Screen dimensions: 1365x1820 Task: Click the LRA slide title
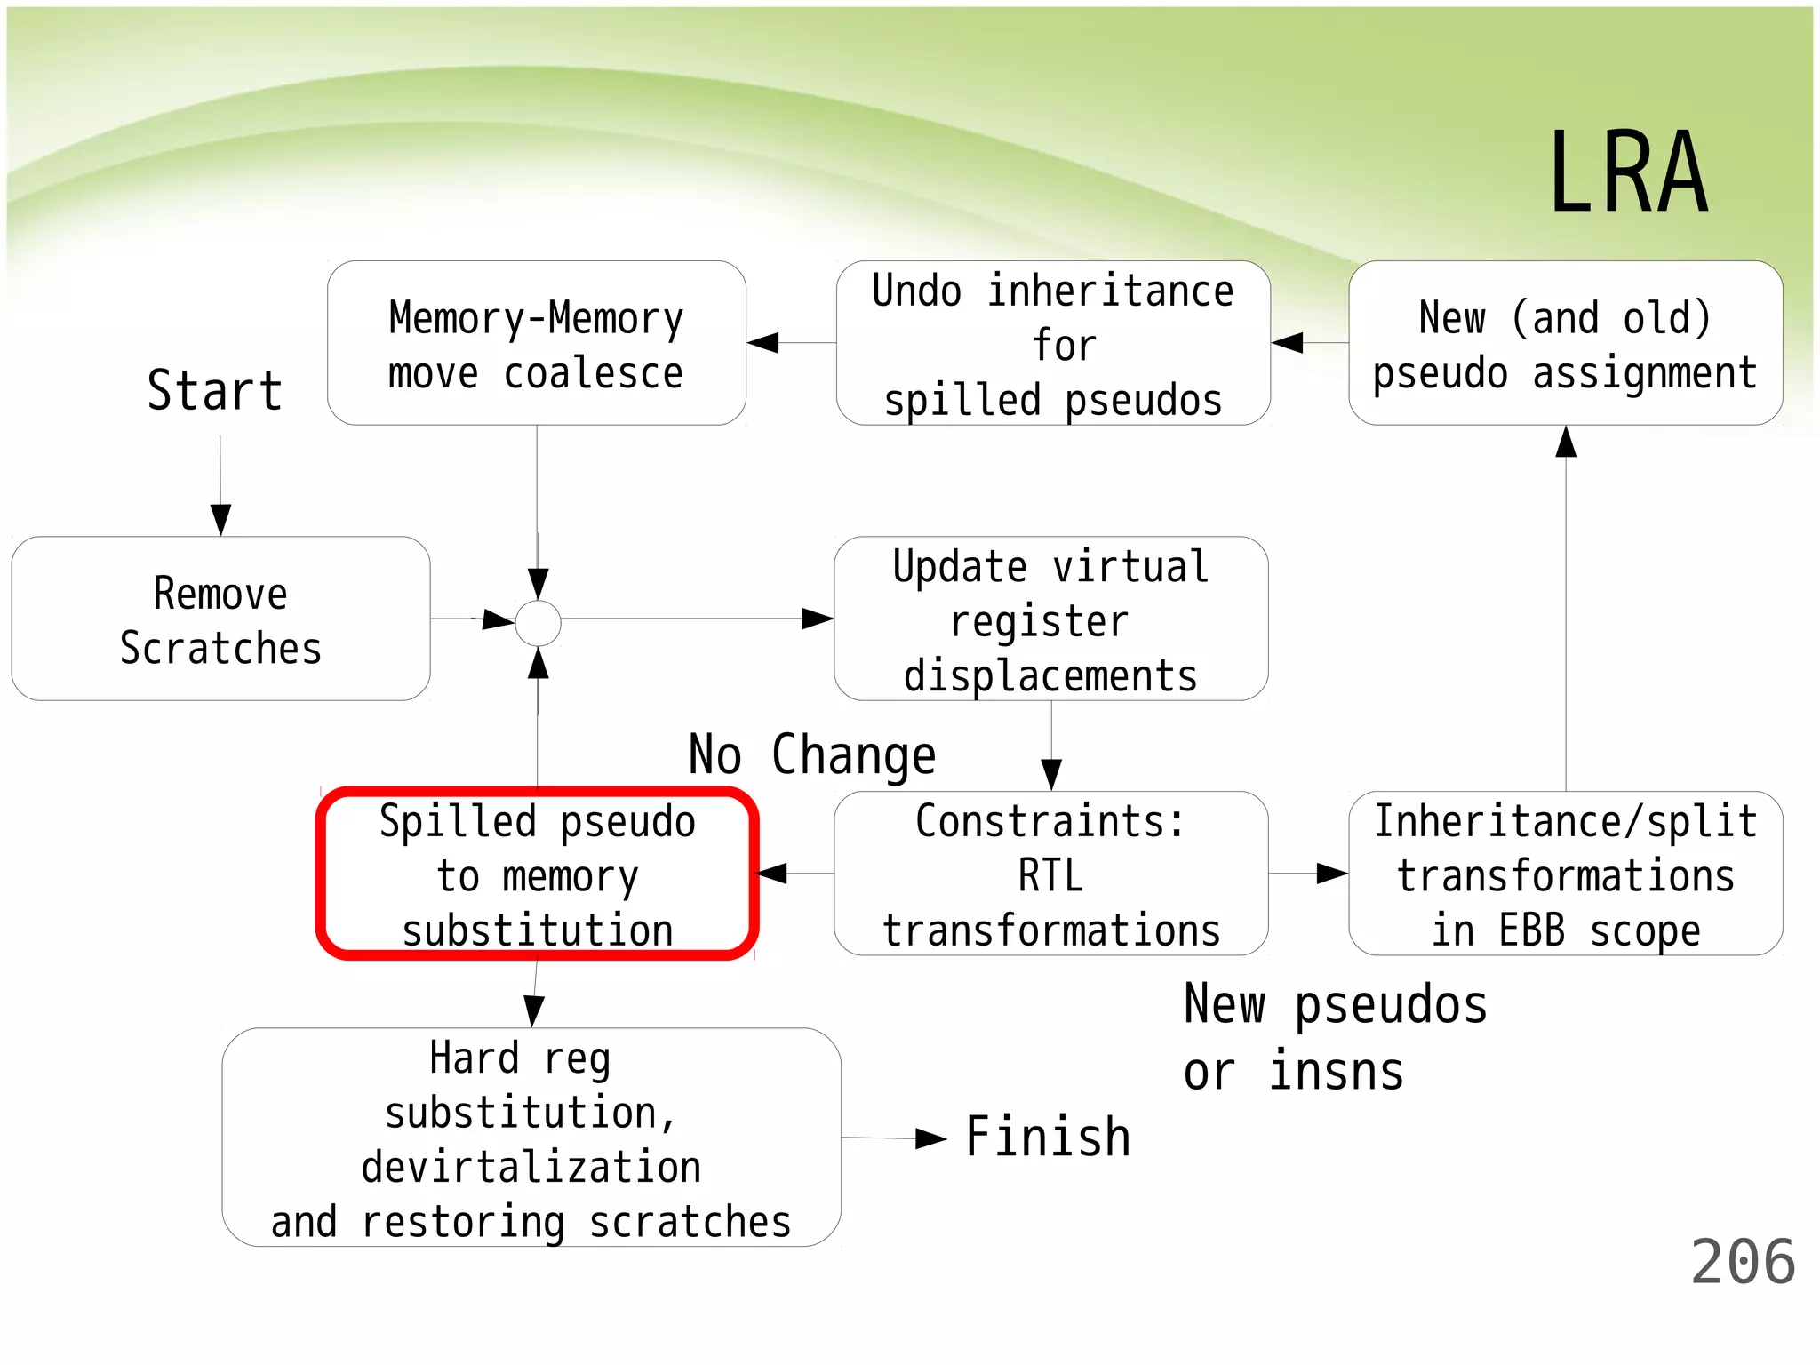[1628, 172]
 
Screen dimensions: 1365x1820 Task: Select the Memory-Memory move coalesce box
[536, 343]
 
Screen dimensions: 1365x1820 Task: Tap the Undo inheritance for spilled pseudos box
[1053, 343]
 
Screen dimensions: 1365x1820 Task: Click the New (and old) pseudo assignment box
[1565, 343]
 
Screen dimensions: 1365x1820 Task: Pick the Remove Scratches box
[220, 619]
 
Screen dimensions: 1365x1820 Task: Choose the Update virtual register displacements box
[1051, 619]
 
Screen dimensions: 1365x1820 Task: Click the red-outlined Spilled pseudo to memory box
[537, 874]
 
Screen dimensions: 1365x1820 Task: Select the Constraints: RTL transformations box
[1051, 874]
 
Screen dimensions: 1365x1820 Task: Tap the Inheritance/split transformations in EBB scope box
[1565, 874]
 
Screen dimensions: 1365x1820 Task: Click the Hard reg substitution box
[531, 1137]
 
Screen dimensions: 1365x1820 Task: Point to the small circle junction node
[539, 623]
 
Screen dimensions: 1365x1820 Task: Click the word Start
[215, 390]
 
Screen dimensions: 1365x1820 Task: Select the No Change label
[812, 754]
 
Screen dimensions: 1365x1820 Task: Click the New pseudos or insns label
[1335, 1037]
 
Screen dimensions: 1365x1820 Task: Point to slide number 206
[1743, 1262]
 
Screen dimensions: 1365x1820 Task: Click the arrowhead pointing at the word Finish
[931, 1138]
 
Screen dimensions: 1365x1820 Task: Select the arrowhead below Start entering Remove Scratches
[220, 519]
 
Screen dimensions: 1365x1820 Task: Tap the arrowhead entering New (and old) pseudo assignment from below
[1566, 442]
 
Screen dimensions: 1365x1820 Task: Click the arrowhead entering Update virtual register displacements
[817, 619]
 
